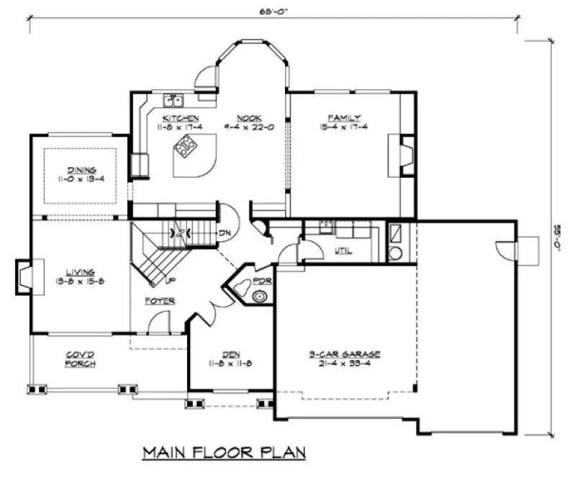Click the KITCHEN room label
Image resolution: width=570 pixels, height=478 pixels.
(181, 117)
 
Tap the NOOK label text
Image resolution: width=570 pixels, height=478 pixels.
(251, 117)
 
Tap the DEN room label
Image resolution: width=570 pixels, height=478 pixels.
(230, 353)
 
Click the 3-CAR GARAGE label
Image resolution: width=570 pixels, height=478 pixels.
(345, 354)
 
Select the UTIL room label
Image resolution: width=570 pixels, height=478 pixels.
(343, 251)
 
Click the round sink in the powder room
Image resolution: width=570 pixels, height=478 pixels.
(258, 294)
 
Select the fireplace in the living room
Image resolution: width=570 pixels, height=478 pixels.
(23, 275)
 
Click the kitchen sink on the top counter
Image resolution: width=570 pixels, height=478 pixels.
(174, 100)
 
